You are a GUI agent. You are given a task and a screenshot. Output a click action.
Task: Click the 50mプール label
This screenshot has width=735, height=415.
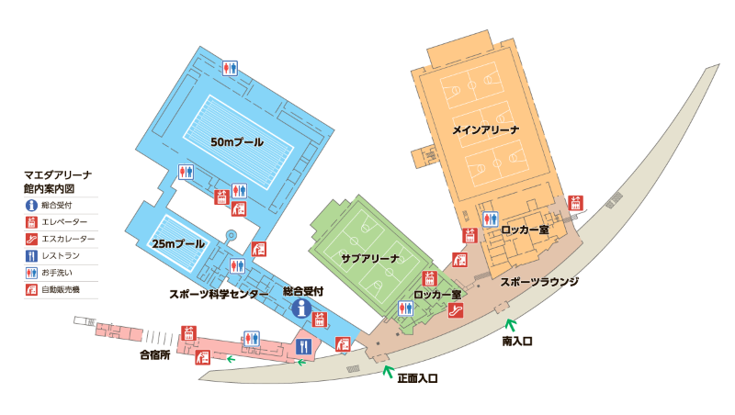pyautogui.click(x=237, y=142)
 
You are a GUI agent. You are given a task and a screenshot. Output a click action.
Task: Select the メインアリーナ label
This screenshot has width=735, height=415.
pyautogui.click(x=486, y=130)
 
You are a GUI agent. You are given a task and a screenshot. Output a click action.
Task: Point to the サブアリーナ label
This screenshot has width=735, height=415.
pyautogui.click(x=369, y=258)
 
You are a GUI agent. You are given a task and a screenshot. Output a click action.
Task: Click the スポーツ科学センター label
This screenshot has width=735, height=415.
pyautogui.click(x=219, y=295)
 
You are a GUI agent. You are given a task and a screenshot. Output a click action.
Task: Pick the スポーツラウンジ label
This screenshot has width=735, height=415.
pyautogui.click(x=538, y=282)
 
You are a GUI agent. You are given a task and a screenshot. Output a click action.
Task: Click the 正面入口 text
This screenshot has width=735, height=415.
pyautogui.click(x=417, y=377)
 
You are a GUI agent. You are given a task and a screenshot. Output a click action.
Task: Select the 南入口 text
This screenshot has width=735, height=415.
pyautogui.click(x=518, y=340)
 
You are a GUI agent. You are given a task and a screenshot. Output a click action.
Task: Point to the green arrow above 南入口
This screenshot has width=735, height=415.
pyautogui.click(x=511, y=322)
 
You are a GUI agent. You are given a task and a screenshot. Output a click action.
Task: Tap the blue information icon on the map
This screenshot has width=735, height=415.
pyautogui.click(x=299, y=310)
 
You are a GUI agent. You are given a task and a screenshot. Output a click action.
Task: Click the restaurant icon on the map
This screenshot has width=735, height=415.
pyautogui.click(x=304, y=346)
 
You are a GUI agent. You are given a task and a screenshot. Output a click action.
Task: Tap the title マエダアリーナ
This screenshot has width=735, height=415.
pyautogui.click(x=59, y=173)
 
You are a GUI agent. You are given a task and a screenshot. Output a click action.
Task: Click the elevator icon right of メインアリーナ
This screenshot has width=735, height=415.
pyautogui.click(x=576, y=203)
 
